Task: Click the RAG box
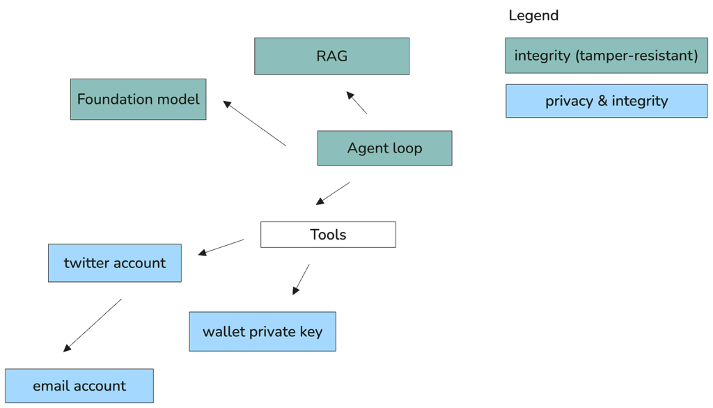(331, 56)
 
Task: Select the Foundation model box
(139, 99)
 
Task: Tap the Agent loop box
(384, 148)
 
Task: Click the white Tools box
(328, 235)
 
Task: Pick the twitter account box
(115, 263)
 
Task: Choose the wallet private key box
(263, 331)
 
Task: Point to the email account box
(79, 386)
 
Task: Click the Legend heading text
(533, 15)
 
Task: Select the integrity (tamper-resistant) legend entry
(606, 56)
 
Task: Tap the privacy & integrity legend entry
(606, 101)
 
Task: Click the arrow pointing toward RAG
(356, 102)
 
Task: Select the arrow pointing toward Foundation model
(254, 123)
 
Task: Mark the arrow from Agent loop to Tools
(333, 194)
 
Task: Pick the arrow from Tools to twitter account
(221, 247)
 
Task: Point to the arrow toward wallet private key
(301, 279)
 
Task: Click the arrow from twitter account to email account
(93, 325)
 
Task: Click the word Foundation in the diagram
(107, 99)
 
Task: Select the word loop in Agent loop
(407, 149)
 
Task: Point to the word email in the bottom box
(51, 386)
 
